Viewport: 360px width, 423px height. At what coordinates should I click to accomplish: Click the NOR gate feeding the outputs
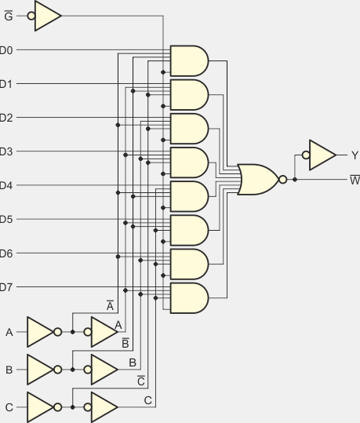[257, 180]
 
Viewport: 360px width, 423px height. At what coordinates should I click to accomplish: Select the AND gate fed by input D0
[189, 61]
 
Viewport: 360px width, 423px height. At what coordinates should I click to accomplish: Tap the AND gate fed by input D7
[189, 298]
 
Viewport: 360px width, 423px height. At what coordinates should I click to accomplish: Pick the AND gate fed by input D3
[189, 162]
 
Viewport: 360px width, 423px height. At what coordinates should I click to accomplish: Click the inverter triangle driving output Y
[322, 155]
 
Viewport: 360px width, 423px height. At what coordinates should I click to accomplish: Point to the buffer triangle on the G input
[48, 16]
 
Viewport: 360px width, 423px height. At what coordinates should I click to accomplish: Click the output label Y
[355, 155]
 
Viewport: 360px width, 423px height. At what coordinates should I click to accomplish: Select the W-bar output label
[355, 180]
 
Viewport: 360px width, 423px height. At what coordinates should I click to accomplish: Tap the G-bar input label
[9, 16]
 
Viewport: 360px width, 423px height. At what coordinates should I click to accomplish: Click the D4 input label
[6, 185]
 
